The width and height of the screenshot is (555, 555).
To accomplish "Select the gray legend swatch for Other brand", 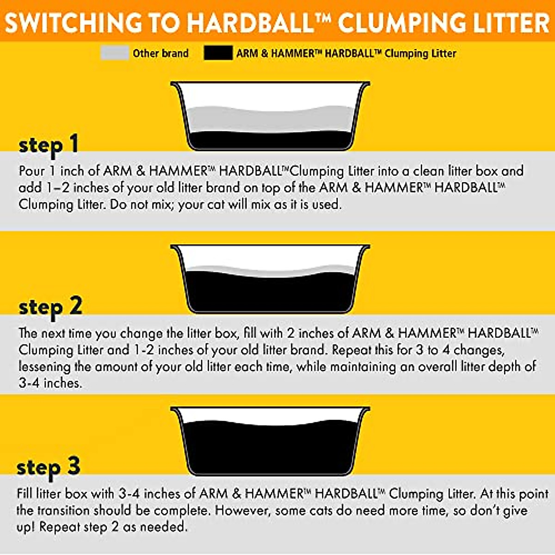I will tap(115, 53).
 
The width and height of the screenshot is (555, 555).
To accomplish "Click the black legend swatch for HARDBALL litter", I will tap(218, 53).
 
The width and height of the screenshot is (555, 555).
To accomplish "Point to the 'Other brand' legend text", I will tap(160, 53).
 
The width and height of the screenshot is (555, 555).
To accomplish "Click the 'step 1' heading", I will tap(49, 144).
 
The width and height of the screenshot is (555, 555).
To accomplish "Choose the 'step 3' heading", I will tap(49, 467).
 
